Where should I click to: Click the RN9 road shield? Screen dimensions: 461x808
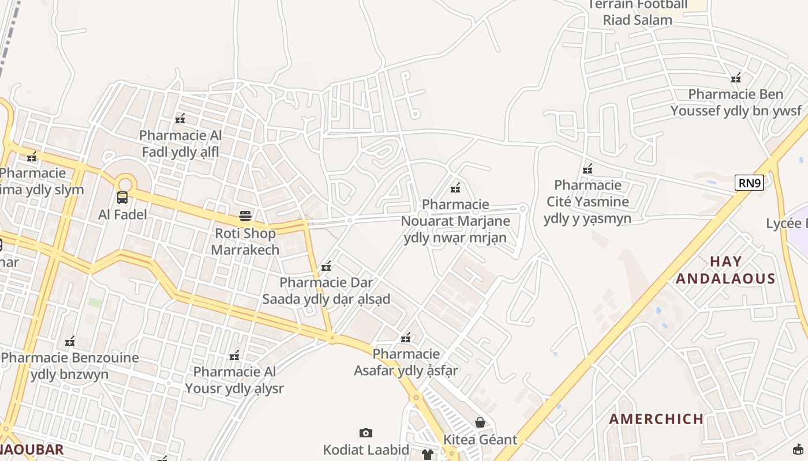point(750,183)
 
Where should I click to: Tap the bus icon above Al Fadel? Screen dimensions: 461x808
point(122,198)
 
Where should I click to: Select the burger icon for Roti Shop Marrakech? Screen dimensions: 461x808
point(245,217)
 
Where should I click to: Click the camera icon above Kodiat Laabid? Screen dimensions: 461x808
point(365,433)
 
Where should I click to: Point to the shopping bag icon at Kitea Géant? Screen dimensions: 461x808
point(480,422)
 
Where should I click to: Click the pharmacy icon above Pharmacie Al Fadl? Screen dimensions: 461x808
point(180,119)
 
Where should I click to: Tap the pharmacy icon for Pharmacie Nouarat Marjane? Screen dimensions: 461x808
point(455,187)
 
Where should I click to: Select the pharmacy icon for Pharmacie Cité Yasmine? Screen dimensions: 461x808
point(588,168)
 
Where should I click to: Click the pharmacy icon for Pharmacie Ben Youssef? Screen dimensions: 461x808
point(736,77)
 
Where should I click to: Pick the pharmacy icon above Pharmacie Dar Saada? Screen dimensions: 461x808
point(326,266)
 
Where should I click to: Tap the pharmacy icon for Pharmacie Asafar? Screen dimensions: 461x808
point(406,337)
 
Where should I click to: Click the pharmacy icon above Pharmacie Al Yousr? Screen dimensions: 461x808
point(234,355)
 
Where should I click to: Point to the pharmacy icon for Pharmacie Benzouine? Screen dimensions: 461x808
point(70,341)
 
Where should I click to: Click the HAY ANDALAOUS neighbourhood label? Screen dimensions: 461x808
point(725,270)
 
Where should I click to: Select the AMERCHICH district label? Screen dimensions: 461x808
point(657,419)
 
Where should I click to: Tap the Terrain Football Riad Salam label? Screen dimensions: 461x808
point(638,12)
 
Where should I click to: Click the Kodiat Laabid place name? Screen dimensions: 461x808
point(366,449)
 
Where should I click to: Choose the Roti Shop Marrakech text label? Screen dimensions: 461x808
point(245,241)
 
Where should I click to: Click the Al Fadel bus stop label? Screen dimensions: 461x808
point(122,214)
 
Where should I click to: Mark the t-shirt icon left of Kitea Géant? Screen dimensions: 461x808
point(427,455)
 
